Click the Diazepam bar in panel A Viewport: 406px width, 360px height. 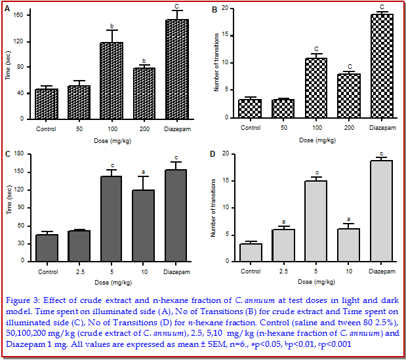coord(176,69)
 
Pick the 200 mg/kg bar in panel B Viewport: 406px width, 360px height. coord(350,96)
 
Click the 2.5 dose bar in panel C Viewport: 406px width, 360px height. coord(79,245)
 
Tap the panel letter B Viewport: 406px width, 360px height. coord(214,11)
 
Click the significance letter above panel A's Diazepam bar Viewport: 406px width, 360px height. coord(176,7)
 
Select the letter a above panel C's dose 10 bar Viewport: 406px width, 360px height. coord(144,172)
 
